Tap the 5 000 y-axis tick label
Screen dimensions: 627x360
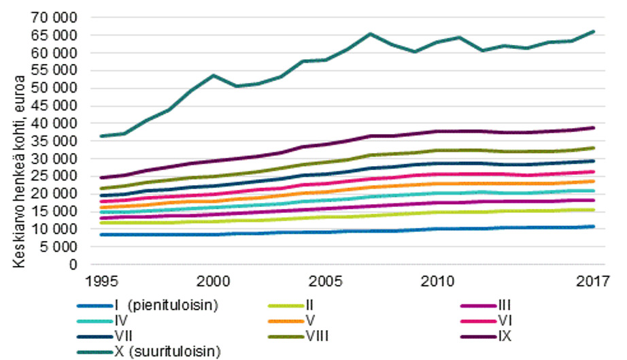59,247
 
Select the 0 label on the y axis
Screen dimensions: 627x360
73,265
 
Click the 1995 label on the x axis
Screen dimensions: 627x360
102,281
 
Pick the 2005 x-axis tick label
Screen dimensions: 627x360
326,281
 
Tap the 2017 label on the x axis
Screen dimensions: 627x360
593,281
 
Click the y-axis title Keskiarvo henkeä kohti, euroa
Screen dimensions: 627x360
19,171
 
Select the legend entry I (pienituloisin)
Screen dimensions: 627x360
148,306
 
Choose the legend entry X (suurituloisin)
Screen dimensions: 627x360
149,352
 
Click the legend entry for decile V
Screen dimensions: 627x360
291,321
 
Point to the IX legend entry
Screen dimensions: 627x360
486,336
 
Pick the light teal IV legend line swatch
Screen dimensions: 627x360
95,321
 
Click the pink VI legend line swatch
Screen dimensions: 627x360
478,321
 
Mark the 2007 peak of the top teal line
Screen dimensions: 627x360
370,34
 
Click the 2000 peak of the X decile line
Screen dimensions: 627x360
213,76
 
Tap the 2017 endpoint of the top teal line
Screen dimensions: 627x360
594,31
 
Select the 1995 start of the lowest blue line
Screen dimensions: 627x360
101,235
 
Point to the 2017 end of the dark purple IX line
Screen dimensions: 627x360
594,128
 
